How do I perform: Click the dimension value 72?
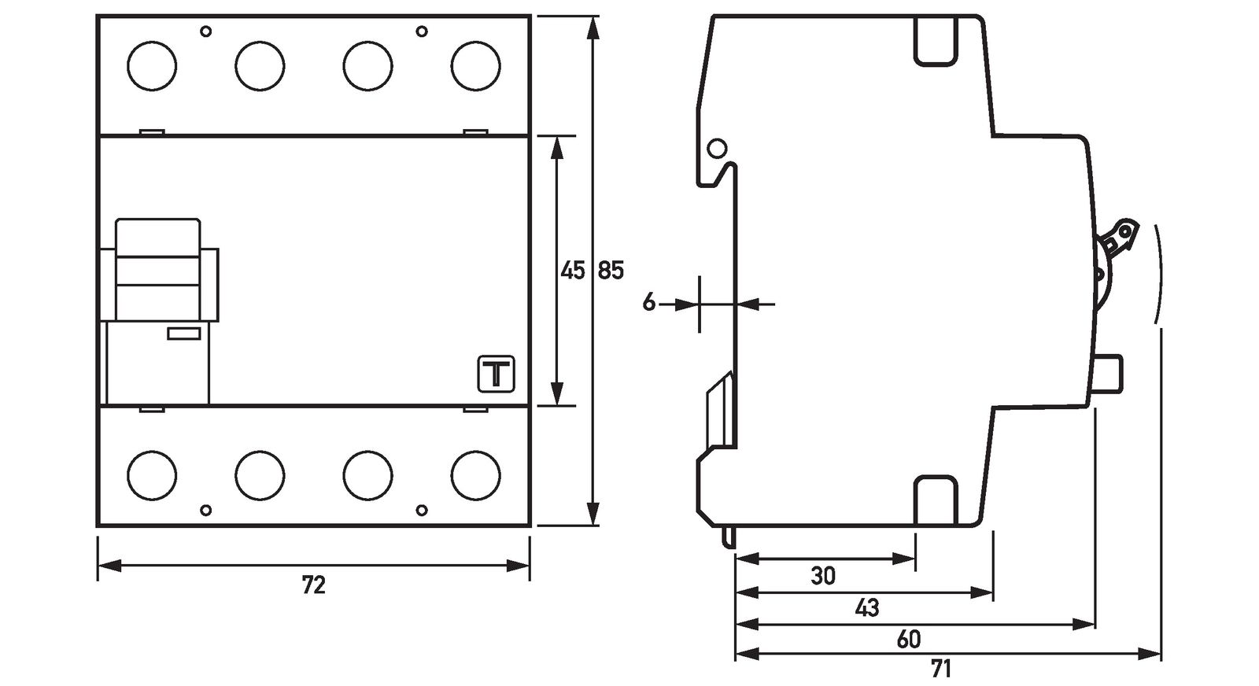pos(313,585)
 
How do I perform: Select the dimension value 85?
pos(611,271)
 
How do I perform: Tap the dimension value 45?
pos(573,271)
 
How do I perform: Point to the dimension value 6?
pos(648,302)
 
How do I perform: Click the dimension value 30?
pos(823,576)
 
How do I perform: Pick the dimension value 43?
pos(866,608)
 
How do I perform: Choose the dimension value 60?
pos(908,640)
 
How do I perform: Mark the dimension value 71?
pos(940,669)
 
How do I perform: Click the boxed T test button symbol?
pos(497,374)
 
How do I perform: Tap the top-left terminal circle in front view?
pos(152,65)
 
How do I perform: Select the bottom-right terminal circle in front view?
pos(475,474)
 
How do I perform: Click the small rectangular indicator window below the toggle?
pos(184,334)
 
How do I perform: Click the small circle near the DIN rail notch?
pos(717,148)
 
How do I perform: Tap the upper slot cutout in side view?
pos(935,41)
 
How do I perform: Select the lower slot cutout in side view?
pos(935,500)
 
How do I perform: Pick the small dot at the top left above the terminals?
pos(206,31)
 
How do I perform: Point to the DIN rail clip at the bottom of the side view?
pos(722,413)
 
